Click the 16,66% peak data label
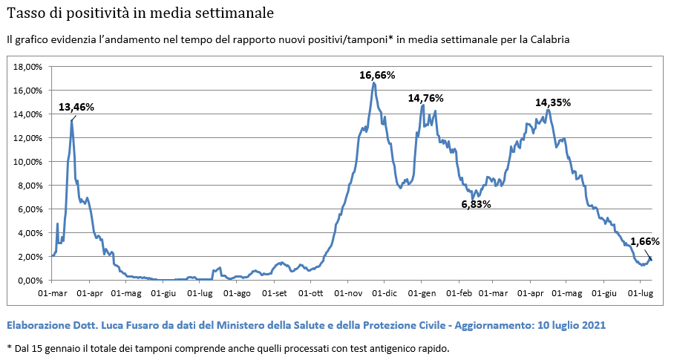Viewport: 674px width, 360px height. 377,75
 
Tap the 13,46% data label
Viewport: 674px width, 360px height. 76,107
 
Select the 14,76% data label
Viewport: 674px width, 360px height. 425,99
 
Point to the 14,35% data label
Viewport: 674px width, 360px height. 553,102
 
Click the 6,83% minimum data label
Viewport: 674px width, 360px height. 477,204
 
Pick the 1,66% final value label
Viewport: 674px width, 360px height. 645,241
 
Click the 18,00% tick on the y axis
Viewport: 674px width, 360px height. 28,67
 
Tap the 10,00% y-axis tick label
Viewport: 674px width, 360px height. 28,162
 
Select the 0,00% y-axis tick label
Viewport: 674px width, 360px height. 30,281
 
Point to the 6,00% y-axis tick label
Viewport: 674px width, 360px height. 30,209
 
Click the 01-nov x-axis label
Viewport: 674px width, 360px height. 349,293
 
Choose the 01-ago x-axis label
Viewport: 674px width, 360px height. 238,293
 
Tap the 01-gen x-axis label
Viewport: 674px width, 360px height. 422,293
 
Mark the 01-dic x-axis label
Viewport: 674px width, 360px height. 385,293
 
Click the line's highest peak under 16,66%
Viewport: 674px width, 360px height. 374,83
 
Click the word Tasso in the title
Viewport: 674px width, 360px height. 22,13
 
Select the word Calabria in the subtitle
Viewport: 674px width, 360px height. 550,39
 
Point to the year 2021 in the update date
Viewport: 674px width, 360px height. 595,325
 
